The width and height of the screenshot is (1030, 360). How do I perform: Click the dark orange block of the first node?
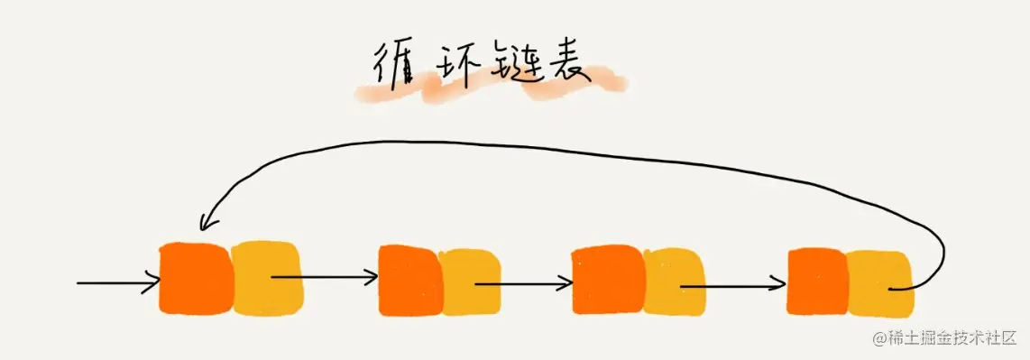pyautogui.click(x=194, y=277)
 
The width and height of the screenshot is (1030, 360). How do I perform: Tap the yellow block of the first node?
pyautogui.click(x=265, y=277)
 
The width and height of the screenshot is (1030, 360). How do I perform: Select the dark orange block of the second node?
pyautogui.click(x=409, y=281)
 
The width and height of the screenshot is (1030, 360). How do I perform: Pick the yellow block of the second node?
pyautogui.click(x=471, y=282)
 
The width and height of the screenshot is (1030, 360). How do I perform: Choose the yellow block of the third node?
pyautogui.click(x=673, y=282)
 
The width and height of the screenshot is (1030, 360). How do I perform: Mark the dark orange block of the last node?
pyautogui.click(x=817, y=282)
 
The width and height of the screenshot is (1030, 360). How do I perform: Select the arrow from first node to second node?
pyautogui.click(x=325, y=276)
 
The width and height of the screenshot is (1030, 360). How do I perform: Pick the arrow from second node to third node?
pyautogui.click(x=523, y=283)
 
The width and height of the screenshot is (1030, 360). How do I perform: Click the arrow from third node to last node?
pyautogui.click(x=732, y=286)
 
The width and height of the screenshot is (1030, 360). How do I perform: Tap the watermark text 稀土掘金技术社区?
pyautogui.click(x=952, y=338)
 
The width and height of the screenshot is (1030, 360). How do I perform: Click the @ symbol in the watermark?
pyautogui.click(x=878, y=338)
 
